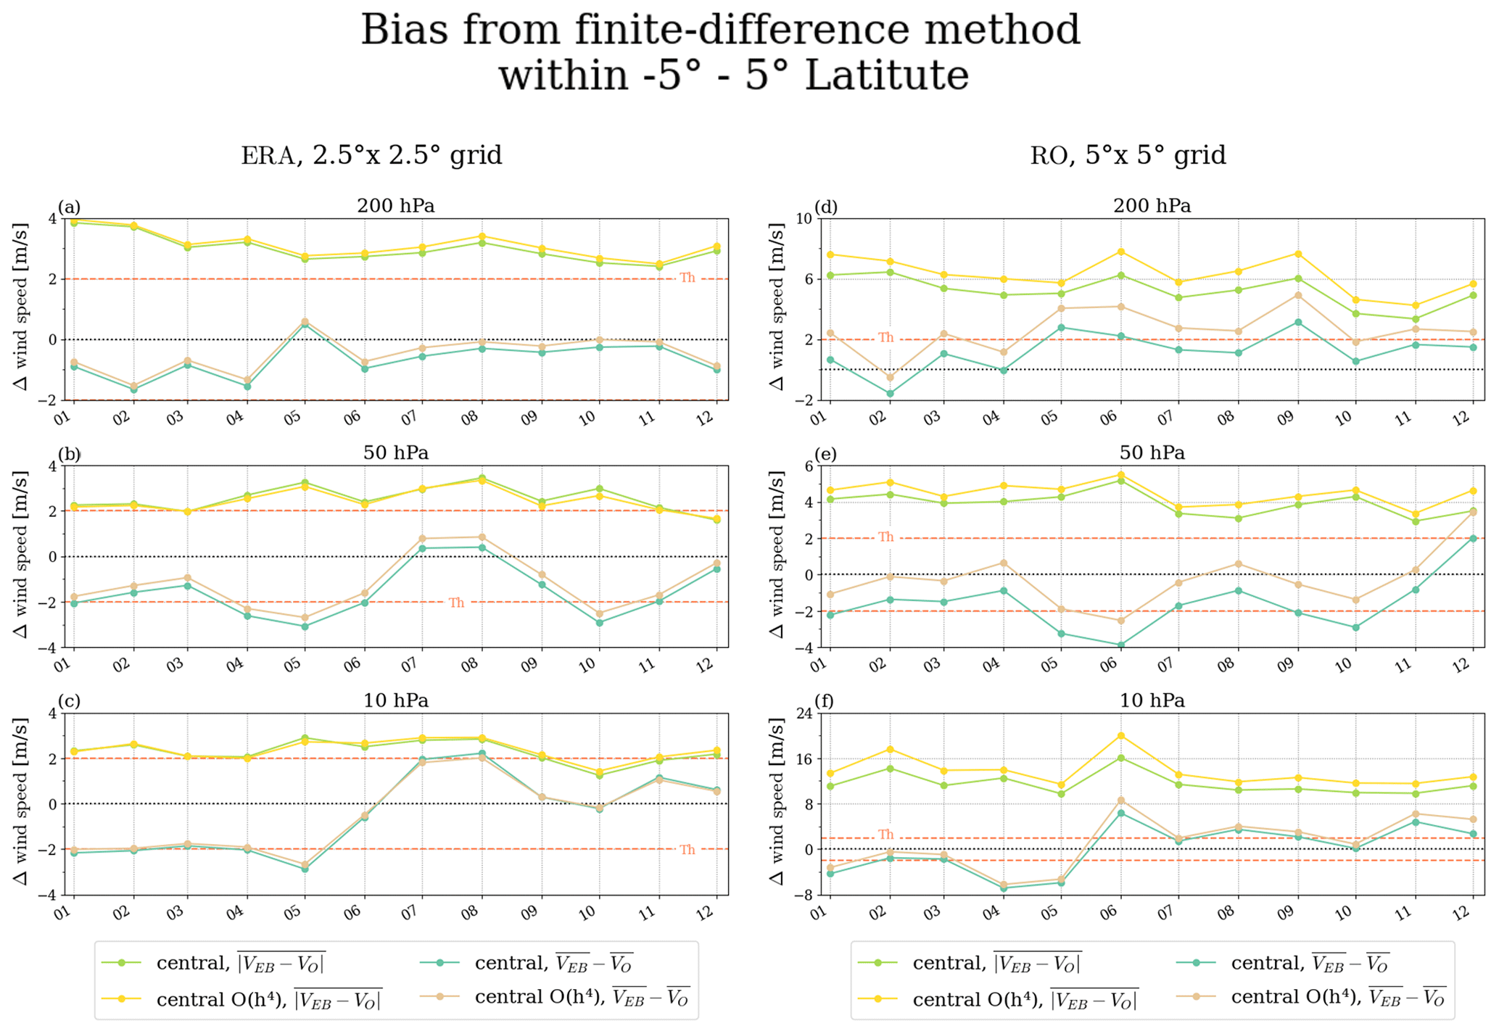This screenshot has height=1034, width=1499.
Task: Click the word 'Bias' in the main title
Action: (406, 31)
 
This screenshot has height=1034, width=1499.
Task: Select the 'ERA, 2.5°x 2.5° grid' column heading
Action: (371, 155)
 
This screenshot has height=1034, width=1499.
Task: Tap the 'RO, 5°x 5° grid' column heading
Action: (1128, 155)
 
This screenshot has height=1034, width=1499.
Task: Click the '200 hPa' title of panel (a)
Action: (395, 206)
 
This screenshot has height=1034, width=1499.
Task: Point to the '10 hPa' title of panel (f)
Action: (1152, 700)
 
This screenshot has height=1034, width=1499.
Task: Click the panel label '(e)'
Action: (825, 454)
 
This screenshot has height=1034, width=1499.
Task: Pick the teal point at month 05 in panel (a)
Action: (305, 325)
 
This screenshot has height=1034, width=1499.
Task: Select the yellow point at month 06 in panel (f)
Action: (1120, 735)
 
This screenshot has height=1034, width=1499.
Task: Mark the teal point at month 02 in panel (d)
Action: (890, 394)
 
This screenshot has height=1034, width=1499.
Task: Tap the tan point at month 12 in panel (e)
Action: (1472, 512)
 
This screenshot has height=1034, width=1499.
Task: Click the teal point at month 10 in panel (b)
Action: (599, 622)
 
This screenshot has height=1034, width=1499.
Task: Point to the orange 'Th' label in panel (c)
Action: (687, 850)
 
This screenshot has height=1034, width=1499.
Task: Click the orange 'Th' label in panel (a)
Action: (687, 278)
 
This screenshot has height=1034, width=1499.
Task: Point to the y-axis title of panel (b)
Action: (20, 555)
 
